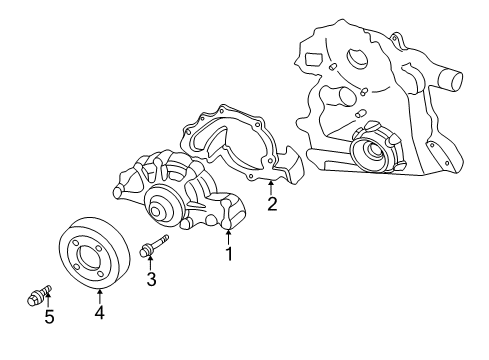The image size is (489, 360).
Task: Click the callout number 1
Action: pyautogui.click(x=229, y=254)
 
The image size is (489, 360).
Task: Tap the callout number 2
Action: pyautogui.click(x=271, y=205)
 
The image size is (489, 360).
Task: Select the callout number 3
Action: pyautogui.click(x=151, y=280)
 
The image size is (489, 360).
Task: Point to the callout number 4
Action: pyautogui.click(x=100, y=313)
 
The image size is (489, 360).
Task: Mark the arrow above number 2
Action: pyautogui.click(x=271, y=186)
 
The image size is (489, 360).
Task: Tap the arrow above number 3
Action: pyautogui.click(x=151, y=262)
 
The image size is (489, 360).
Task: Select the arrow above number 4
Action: pyautogui.click(x=100, y=293)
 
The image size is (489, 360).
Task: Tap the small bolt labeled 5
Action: pyautogui.click(x=37, y=295)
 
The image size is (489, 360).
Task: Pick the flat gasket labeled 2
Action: pyautogui.click(x=235, y=150)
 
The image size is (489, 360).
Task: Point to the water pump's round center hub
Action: pyautogui.click(x=160, y=208)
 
